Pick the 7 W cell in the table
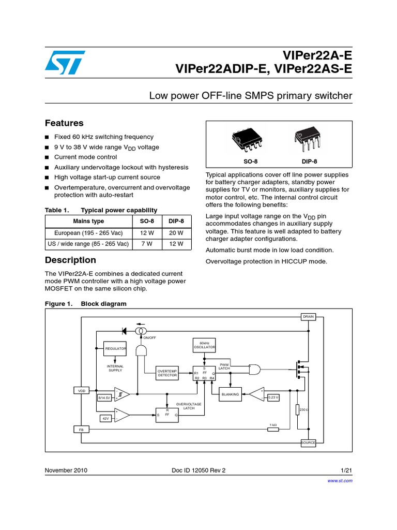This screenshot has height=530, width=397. tap(143, 244)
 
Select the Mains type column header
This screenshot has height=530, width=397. tap(88, 221)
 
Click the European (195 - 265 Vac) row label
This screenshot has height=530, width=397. tap(88, 232)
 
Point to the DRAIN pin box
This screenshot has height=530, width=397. tap(308, 316)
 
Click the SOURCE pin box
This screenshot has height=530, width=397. tap(308, 443)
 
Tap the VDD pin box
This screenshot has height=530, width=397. tap(82, 391)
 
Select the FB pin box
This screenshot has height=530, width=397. tap(82, 430)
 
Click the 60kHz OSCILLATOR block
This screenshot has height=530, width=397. tap(204, 345)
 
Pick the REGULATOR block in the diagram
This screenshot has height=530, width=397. tap(115, 349)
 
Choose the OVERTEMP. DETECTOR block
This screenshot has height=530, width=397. tap(167, 373)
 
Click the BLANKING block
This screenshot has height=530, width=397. tap(230, 394)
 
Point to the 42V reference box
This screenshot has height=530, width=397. tap(105, 417)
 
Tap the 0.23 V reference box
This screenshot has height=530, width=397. tap(273, 397)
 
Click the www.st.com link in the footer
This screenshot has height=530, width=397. tap(340, 481)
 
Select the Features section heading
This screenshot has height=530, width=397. tap(64, 123)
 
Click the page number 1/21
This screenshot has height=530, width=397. tap(346, 470)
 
